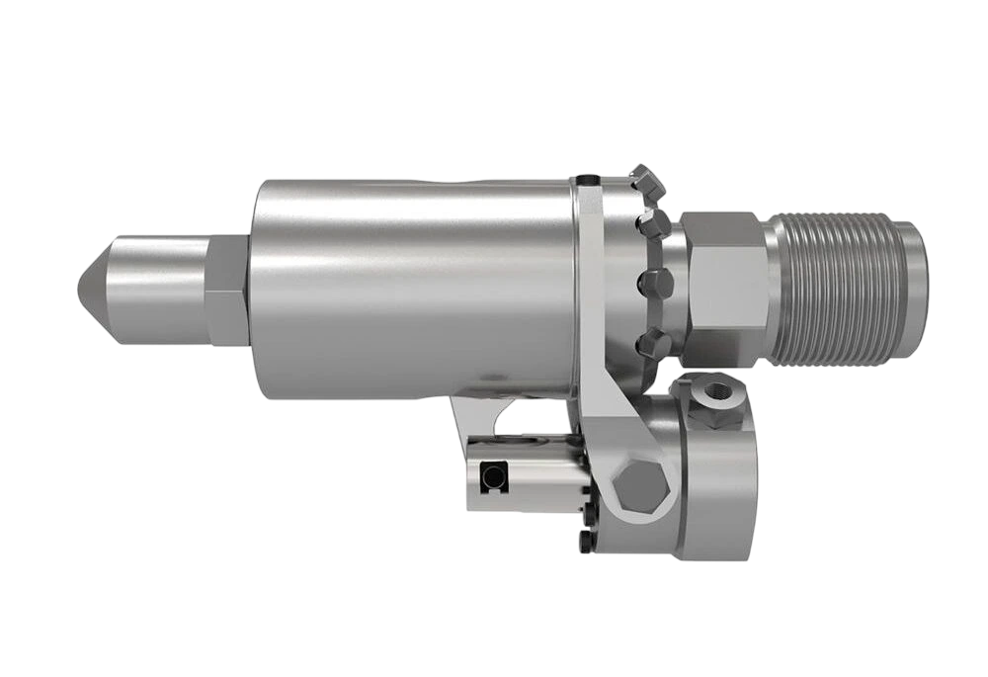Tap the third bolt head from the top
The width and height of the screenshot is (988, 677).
click(x=655, y=281)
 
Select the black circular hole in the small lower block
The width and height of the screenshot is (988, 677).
click(x=491, y=478)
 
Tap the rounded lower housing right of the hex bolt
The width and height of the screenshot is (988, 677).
click(x=716, y=484)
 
